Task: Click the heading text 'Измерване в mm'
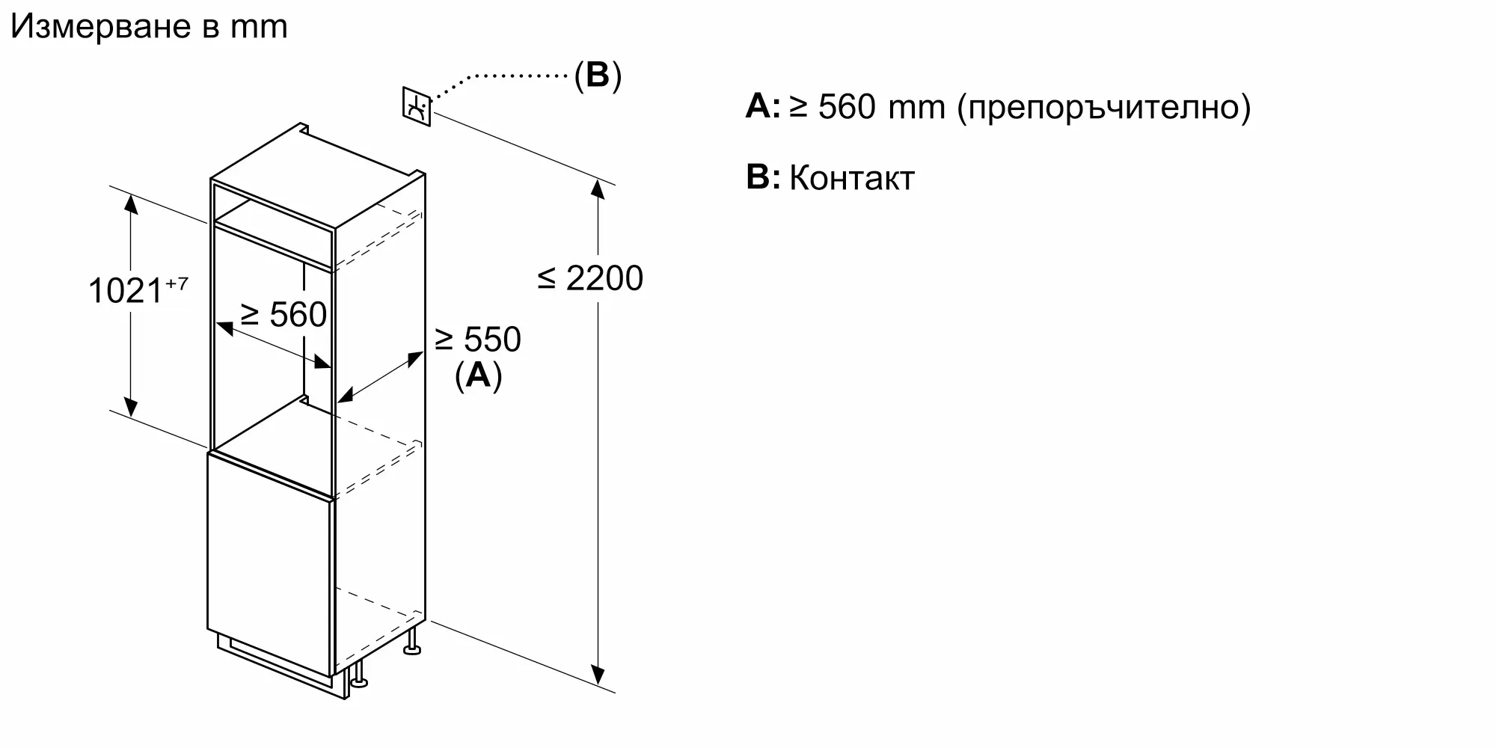[x=149, y=27]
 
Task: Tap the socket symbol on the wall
[x=417, y=107]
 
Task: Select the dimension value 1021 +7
[x=138, y=289]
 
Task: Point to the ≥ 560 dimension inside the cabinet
[x=283, y=314]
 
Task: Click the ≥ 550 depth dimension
[x=477, y=340]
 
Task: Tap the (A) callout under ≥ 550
[x=478, y=375]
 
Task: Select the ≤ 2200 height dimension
[x=590, y=278]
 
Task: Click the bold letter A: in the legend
[x=763, y=106]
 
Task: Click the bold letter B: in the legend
[x=763, y=177]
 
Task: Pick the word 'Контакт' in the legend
[x=852, y=178]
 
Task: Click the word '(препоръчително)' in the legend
[x=1104, y=108]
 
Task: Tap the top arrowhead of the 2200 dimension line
[x=597, y=188]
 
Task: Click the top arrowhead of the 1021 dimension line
[x=131, y=203]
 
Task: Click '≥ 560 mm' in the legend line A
[x=868, y=107]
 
